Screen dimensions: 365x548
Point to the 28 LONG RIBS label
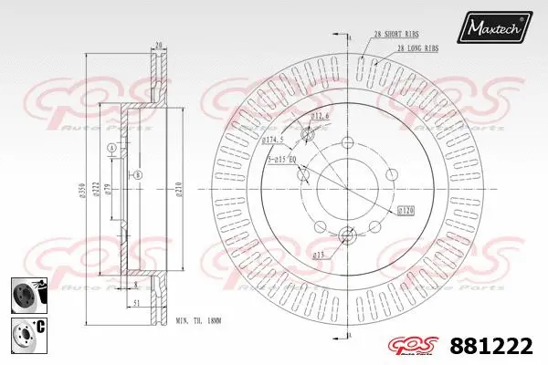(x=416, y=47)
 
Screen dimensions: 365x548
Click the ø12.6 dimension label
(x=320, y=117)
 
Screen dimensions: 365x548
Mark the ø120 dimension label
(x=406, y=211)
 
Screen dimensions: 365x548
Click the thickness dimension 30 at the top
(x=159, y=43)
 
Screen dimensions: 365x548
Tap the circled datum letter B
(x=138, y=174)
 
